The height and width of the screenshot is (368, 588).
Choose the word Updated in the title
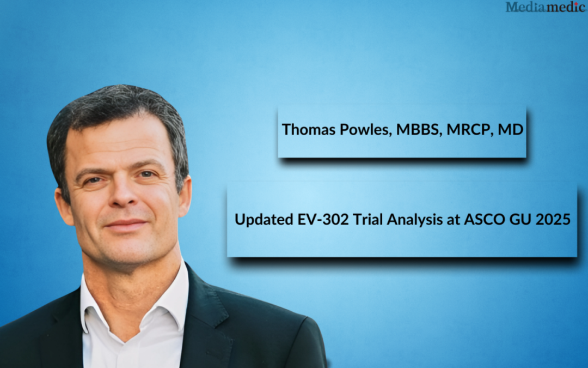[x=264, y=219]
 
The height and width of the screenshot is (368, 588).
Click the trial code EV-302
[x=323, y=219]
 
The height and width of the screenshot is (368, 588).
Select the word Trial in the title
[x=368, y=219]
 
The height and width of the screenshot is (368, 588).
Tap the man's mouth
[x=126, y=224]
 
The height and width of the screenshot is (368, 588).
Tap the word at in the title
[x=454, y=220]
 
